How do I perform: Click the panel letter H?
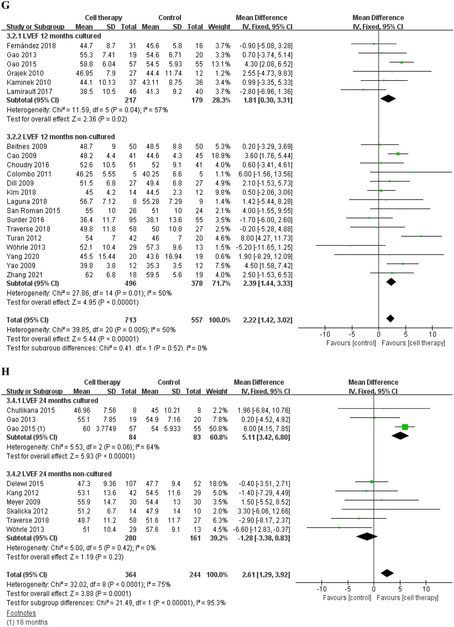(5, 372)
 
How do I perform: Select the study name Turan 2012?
(24, 238)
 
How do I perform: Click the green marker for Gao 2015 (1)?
(404, 427)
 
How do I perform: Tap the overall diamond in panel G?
(390, 318)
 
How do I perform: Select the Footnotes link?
(21, 613)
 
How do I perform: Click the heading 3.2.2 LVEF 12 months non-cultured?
(61, 137)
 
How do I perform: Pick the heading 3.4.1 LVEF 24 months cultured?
(52, 400)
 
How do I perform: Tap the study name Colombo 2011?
(29, 174)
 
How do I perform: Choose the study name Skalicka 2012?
(27, 511)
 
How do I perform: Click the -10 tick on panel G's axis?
(325, 334)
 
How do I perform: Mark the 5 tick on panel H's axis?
(400, 589)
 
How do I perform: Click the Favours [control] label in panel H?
(347, 597)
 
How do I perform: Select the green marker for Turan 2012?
(421, 236)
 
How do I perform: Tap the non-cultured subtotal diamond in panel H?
(367, 536)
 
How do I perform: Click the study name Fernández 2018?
(31, 46)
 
